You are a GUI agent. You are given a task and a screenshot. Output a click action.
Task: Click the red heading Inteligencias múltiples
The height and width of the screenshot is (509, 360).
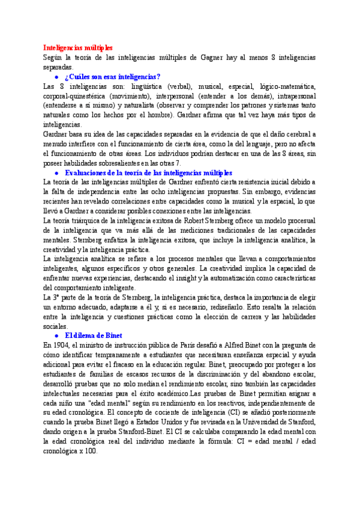point(77,47)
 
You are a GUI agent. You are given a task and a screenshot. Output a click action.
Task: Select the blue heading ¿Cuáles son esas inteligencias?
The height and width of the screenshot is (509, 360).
point(112,76)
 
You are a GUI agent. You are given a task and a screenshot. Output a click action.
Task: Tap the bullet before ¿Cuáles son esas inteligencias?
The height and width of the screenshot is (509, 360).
point(56,77)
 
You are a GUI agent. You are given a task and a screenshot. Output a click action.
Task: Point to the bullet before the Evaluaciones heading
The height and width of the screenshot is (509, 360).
point(56,173)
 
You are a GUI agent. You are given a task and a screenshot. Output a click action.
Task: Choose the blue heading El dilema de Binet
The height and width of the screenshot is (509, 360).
point(93,335)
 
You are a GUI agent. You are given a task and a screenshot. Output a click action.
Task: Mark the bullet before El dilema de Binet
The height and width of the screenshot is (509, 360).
point(56,336)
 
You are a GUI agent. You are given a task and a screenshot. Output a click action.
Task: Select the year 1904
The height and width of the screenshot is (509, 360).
point(64,345)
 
